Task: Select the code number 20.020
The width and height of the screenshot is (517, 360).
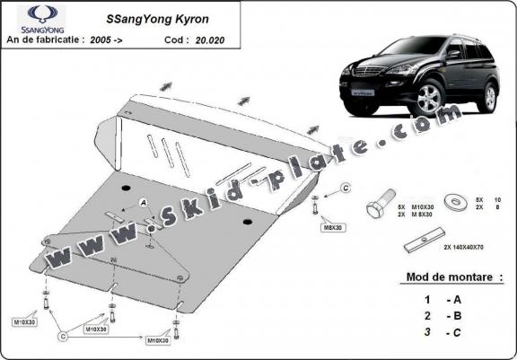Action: coord(214,40)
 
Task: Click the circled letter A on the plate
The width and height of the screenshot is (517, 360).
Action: coord(144,205)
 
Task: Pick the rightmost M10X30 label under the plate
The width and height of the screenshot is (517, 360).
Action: coord(161,341)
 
